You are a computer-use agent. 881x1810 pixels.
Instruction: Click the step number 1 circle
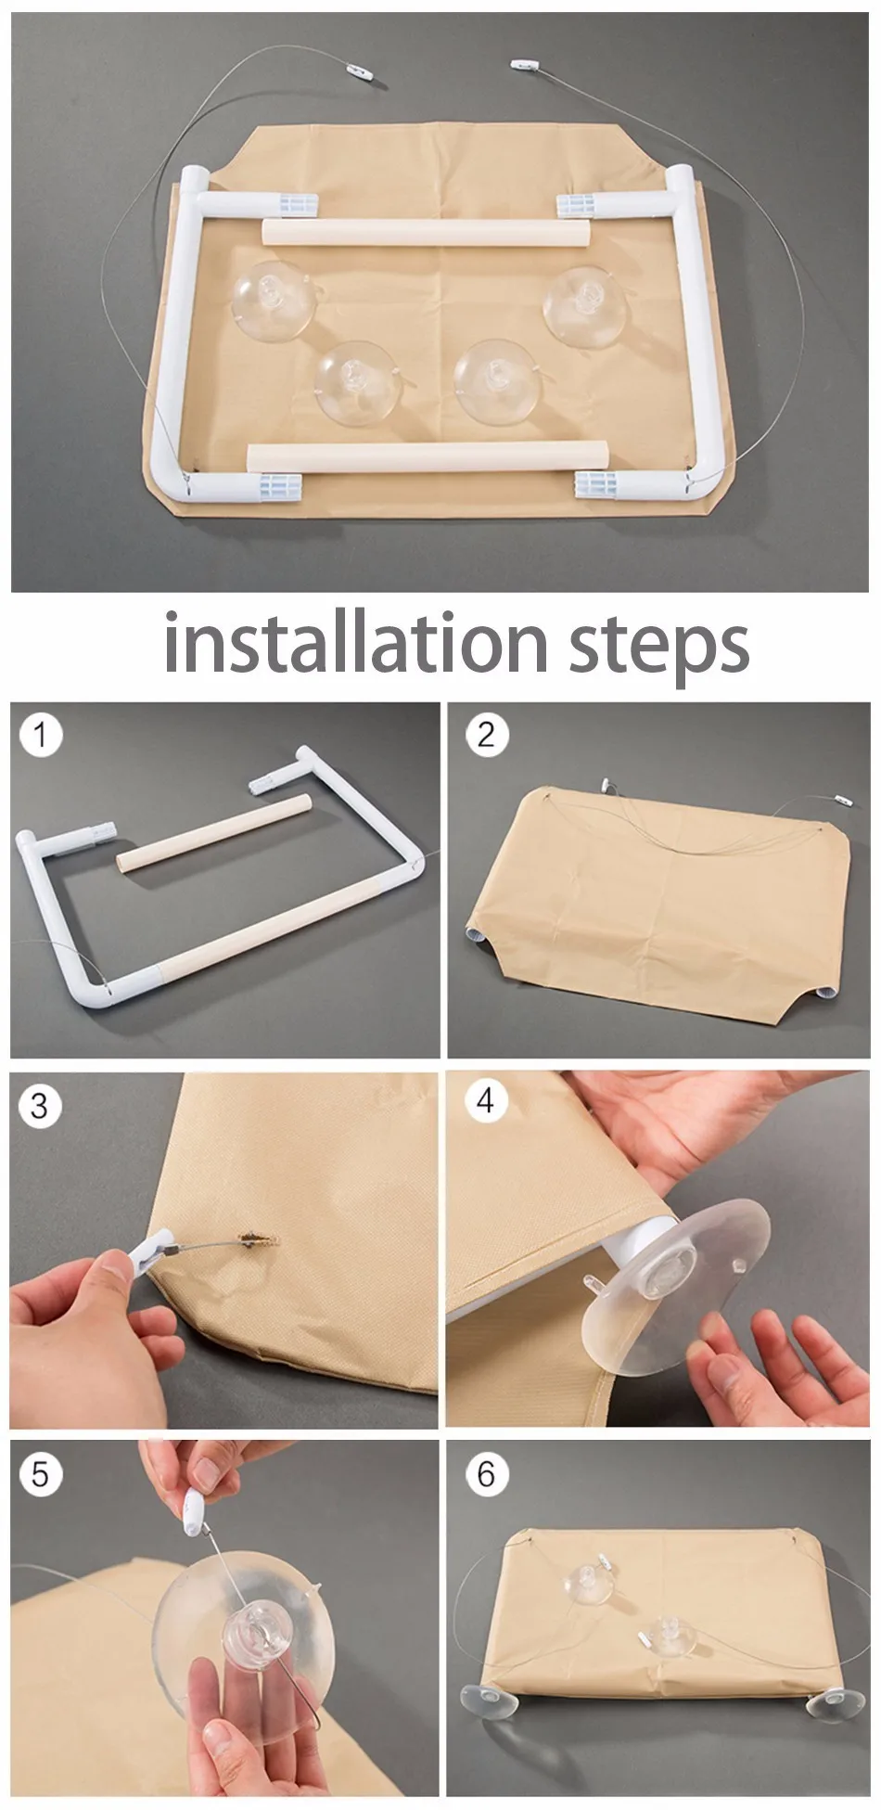pyautogui.click(x=40, y=736)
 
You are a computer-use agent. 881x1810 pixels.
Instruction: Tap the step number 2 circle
pyautogui.click(x=487, y=735)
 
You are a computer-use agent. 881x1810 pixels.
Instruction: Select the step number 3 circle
pyautogui.click(x=39, y=1106)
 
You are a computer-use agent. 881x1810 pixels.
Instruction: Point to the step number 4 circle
pyautogui.click(x=486, y=1101)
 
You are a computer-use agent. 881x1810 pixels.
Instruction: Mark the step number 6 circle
pyautogui.click(x=487, y=1474)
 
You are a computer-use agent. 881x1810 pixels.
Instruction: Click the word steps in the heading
pyautogui.click(x=658, y=648)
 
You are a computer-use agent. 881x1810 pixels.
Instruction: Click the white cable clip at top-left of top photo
pyautogui.click(x=353, y=68)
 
